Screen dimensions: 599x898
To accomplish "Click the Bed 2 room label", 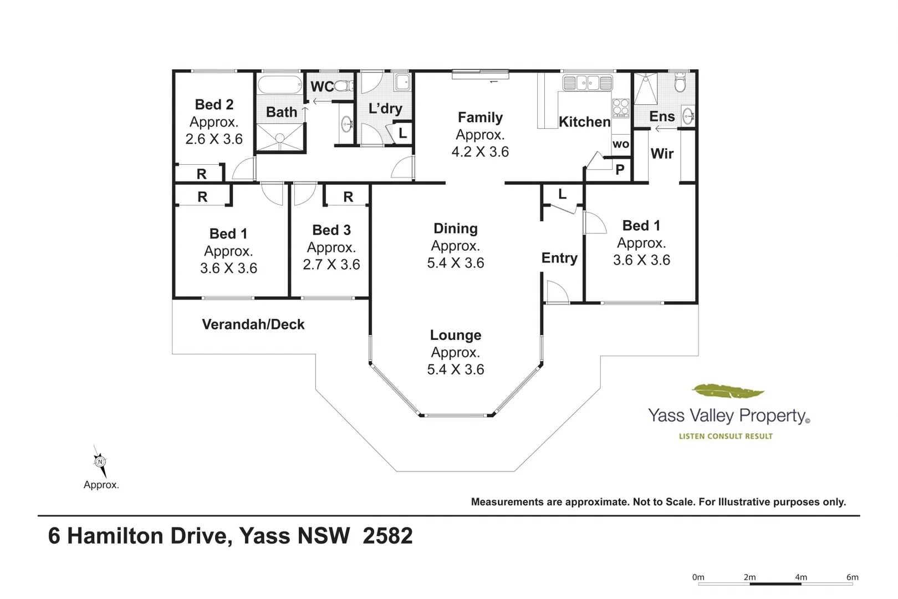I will coord(214,104).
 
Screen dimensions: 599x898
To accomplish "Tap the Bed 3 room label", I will coord(331,230).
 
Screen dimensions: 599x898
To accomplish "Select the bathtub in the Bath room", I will coord(279,85).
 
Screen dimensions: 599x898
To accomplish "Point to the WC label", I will coord(322,87).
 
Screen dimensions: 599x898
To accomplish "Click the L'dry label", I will coord(385,108).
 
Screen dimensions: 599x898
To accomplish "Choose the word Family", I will coord(480,117).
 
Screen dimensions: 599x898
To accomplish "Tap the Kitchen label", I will coord(584,121).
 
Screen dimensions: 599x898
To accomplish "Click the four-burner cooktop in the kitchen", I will coord(620,107).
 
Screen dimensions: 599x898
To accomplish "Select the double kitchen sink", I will coord(588,83).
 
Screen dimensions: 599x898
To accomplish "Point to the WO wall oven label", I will coord(621,144).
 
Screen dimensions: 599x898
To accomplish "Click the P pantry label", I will coord(620,170).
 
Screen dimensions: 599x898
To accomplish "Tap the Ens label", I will coord(662,116).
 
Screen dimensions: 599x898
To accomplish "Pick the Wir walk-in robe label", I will coord(662,153).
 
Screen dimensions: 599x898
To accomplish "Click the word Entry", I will coord(559,258).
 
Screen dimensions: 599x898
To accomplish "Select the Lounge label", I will coord(456,335).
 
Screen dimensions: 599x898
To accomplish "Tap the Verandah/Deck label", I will coord(253,324).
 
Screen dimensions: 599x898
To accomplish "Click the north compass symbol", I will coord(100,461).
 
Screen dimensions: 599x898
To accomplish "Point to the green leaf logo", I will coord(728,391).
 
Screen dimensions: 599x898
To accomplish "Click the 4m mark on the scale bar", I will coord(801,577).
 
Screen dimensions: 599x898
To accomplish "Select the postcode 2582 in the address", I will coord(387,536).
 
